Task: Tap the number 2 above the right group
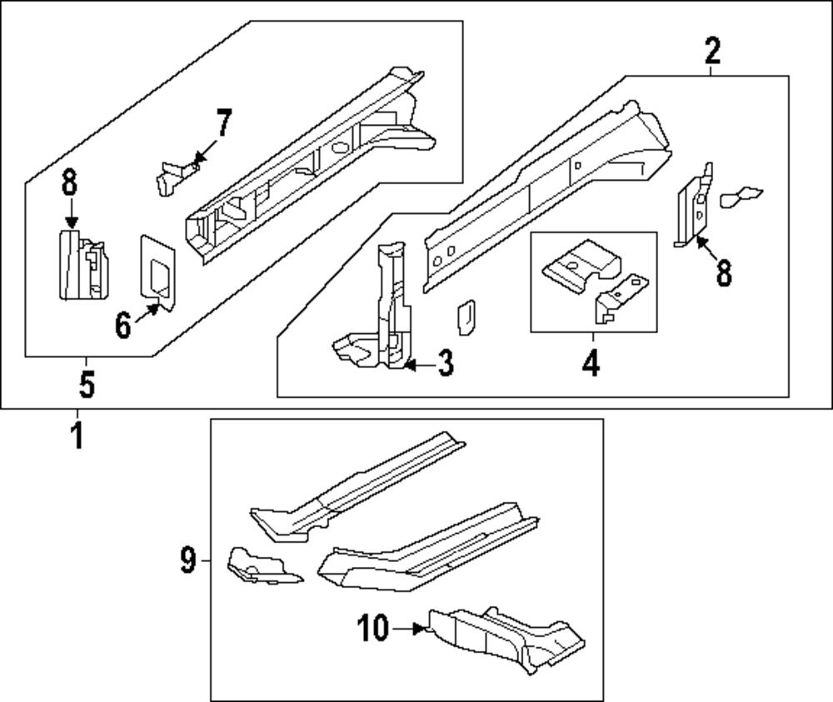click(x=712, y=52)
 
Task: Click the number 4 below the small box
click(x=591, y=364)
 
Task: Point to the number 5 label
click(x=87, y=385)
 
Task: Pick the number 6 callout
click(x=123, y=326)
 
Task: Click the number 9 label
click(x=187, y=562)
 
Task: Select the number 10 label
click(x=374, y=630)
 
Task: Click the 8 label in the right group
click(x=723, y=273)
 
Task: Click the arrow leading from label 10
click(x=409, y=630)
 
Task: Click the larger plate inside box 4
click(x=580, y=261)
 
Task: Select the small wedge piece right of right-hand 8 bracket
click(x=740, y=196)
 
